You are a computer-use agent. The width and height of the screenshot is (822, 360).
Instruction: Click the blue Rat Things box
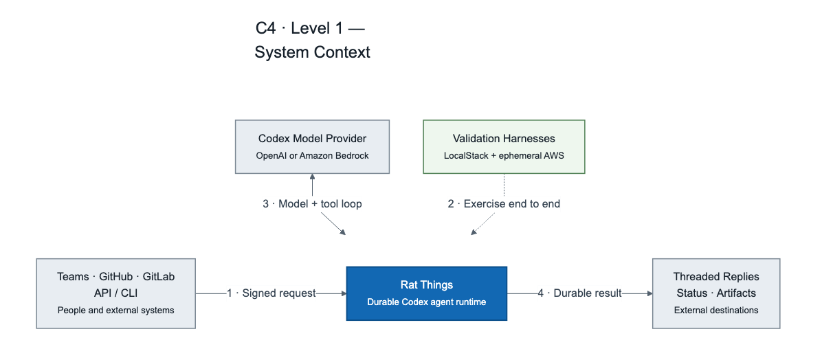point(427,293)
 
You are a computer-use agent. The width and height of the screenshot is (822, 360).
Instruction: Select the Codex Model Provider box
point(312,147)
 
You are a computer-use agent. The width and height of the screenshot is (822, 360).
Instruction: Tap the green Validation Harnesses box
point(504,147)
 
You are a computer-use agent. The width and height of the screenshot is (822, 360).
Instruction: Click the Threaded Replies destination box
point(716,293)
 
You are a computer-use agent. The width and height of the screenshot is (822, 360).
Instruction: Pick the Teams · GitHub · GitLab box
point(116,293)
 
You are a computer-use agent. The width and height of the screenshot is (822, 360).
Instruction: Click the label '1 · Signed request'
point(271,293)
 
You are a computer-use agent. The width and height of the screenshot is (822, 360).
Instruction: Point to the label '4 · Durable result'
point(580,293)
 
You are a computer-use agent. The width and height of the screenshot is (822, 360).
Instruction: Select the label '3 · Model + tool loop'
point(313,204)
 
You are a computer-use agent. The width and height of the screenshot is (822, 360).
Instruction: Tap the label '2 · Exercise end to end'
point(504,204)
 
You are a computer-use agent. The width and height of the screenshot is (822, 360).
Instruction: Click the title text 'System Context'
point(313,52)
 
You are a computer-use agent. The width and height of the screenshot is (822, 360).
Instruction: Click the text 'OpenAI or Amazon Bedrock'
point(312,156)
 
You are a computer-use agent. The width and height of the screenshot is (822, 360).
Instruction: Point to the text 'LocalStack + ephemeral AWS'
point(504,156)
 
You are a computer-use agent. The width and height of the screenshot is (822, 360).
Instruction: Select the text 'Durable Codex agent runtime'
point(427,302)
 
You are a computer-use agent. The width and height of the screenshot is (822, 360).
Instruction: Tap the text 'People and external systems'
point(116,311)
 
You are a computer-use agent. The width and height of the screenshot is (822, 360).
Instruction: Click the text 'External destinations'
point(716,311)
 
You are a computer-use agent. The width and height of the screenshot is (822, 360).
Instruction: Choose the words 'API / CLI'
point(116,293)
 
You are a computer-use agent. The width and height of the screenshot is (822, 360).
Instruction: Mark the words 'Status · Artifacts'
point(716,293)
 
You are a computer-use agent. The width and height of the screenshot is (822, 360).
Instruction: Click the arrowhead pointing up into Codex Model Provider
point(312,177)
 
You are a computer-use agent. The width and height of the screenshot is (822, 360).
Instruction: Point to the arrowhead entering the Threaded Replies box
point(649,293)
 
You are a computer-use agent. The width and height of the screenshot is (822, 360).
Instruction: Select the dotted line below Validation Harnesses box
point(504,185)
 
